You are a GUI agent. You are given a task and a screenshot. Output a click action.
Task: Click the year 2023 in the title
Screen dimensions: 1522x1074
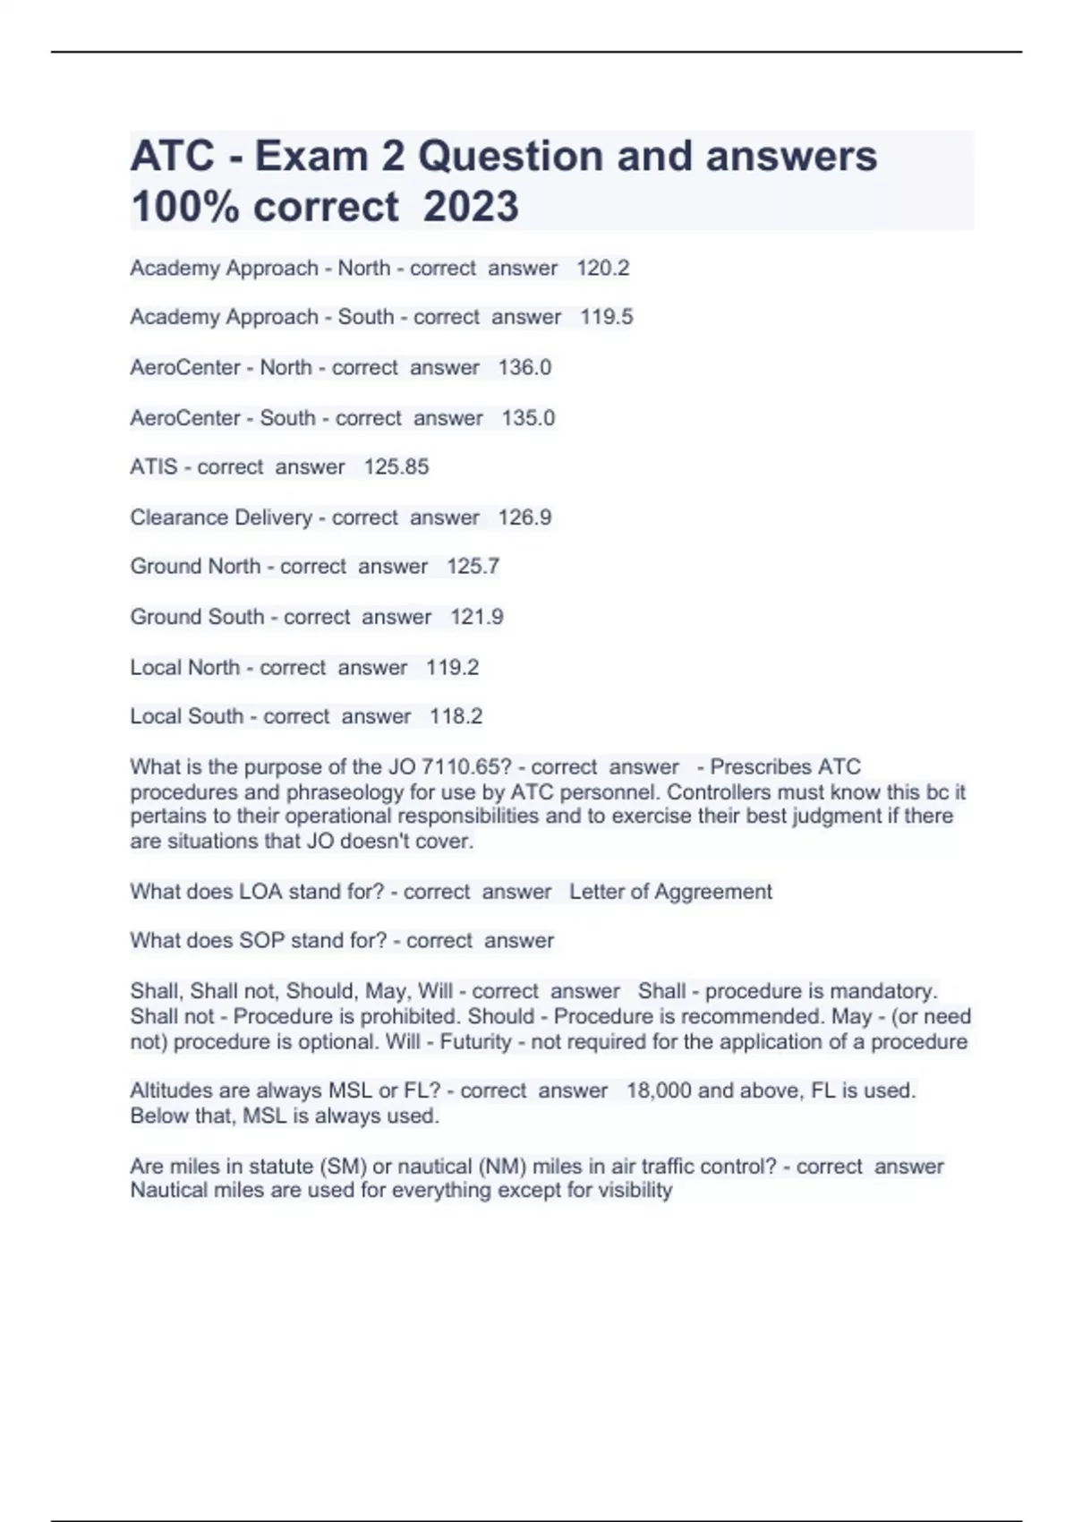pyautogui.click(x=471, y=207)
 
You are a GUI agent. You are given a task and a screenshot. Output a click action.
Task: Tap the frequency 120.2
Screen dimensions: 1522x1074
pyautogui.click(x=602, y=268)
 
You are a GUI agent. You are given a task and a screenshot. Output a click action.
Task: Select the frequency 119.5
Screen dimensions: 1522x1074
pyautogui.click(x=606, y=317)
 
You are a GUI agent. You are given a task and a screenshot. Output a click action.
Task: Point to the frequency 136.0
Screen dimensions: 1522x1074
pyautogui.click(x=524, y=367)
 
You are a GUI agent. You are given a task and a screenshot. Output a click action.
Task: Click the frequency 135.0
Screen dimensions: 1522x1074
pyautogui.click(x=528, y=418)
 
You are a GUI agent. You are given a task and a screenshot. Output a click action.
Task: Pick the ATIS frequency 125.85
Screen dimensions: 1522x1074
pyautogui.click(x=396, y=466)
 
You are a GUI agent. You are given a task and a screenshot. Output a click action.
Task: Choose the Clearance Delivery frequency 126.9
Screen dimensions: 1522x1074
pyautogui.click(x=524, y=517)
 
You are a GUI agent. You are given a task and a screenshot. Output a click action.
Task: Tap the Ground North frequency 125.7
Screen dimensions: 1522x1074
pyautogui.click(x=473, y=567)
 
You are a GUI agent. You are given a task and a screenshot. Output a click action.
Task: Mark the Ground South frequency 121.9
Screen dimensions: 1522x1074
pyautogui.click(x=476, y=617)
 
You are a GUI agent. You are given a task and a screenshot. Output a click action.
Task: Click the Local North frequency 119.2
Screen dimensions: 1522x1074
pyautogui.click(x=452, y=667)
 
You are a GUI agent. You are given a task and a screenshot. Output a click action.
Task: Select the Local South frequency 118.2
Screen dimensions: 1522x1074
pyautogui.click(x=456, y=716)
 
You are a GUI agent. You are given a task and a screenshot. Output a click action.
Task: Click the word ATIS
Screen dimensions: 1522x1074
pyautogui.click(x=153, y=466)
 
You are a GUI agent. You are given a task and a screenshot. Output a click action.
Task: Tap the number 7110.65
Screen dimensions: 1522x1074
pyautogui.click(x=465, y=767)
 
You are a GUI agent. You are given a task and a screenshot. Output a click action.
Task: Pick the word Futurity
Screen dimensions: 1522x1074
pyautogui.click(x=476, y=1042)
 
